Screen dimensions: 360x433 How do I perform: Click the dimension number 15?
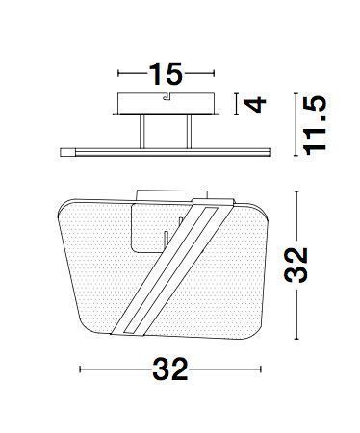166,74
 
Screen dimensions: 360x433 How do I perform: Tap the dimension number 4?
255,104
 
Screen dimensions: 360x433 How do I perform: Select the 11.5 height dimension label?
315,125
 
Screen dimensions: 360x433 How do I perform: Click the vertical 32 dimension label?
296,265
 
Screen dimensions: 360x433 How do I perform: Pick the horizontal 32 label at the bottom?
170,369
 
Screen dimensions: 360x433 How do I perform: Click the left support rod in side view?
142,132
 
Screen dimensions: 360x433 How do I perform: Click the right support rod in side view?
189,132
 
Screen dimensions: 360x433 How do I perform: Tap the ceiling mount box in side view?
166,103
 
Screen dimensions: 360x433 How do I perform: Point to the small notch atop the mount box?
167,96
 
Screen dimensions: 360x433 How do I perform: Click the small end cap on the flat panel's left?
67,152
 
